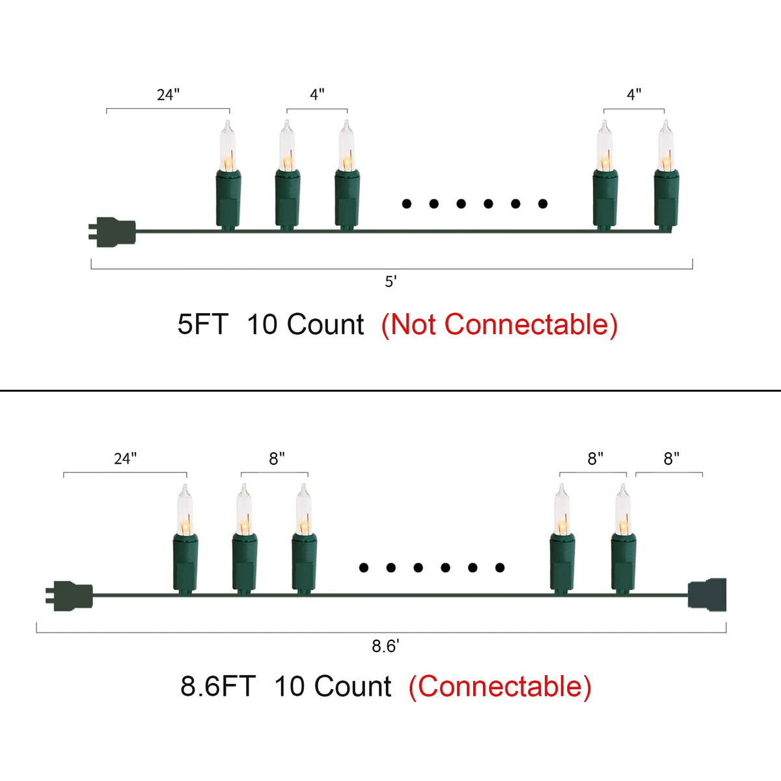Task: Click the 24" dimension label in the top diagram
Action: [168, 95]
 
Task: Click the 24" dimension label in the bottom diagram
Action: [125, 459]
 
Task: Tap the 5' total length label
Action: [390, 281]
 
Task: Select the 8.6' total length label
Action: [385, 646]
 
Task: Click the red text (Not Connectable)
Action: [499, 325]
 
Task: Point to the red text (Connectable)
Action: [500, 687]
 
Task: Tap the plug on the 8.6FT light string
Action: [70, 596]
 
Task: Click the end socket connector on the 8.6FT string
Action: [707, 594]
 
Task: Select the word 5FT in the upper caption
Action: [202, 325]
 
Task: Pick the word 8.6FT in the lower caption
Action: [217, 687]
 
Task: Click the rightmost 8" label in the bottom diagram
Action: [672, 459]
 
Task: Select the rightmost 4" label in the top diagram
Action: [634, 95]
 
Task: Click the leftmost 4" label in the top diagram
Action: [317, 95]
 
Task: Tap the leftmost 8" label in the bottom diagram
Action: [277, 459]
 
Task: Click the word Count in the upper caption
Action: [325, 325]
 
